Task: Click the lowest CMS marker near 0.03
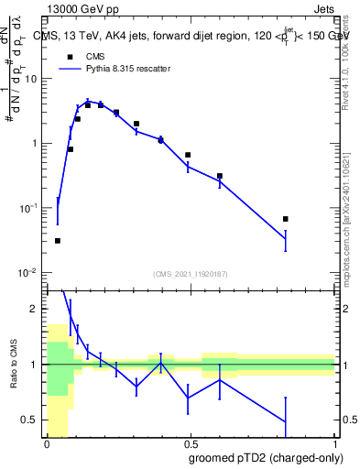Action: (58, 241)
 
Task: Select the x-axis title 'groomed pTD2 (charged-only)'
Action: (267, 458)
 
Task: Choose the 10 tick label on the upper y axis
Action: (30, 79)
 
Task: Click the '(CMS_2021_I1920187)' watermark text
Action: (191, 274)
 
